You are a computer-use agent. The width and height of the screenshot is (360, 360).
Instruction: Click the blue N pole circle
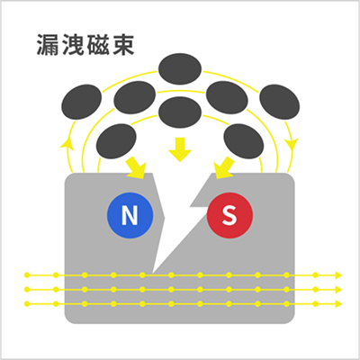click(x=130, y=215)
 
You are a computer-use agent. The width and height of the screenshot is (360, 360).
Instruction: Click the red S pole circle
click(x=229, y=215)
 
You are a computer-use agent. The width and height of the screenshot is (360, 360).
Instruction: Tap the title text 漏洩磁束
click(x=85, y=45)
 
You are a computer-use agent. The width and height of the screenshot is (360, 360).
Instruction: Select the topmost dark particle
click(x=180, y=68)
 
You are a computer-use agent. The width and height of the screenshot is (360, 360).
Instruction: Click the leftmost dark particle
click(x=82, y=102)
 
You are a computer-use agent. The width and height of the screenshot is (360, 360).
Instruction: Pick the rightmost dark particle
click(x=279, y=102)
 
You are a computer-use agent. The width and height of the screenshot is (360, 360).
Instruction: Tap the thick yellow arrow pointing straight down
click(x=180, y=149)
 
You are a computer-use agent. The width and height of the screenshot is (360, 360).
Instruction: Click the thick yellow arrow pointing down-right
click(x=136, y=168)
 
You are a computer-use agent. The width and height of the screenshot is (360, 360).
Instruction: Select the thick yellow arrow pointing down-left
click(x=224, y=168)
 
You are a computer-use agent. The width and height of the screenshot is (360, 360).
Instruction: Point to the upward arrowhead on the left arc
click(x=67, y=142)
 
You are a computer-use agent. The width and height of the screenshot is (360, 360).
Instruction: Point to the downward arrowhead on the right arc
click(x=292, y=146)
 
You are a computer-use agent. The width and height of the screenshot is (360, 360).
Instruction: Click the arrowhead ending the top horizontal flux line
click(x=338, y=275)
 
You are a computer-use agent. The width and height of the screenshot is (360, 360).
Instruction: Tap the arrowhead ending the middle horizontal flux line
click(x=338, y=290)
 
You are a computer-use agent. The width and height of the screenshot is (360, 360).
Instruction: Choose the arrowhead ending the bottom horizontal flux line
click(x=338, y=304)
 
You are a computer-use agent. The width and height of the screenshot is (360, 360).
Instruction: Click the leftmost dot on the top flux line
click(x=27, y=275)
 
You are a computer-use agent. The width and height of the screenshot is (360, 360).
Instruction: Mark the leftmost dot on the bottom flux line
click(x=27, y=304)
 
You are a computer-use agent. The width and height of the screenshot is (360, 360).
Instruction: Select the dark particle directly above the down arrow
click(x=180, y=112)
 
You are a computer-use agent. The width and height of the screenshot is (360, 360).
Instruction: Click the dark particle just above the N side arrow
click(x=116, y=141)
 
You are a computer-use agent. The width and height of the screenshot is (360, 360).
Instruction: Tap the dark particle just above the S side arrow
click(x=244, y=141)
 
